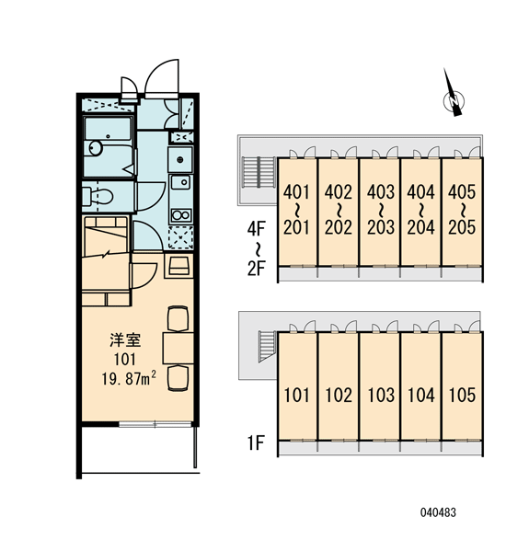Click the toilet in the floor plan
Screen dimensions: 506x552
(98, 197)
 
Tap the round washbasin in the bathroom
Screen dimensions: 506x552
(95, 148)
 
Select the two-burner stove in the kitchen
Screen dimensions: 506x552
(181, 214)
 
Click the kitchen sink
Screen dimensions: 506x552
(180, 182)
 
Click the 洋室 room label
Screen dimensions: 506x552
(125, 340)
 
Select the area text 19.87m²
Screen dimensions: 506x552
(129, 379)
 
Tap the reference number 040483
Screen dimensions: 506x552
(438, 512)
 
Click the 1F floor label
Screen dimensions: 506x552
(256, 443)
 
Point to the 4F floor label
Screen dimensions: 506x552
(256, 229)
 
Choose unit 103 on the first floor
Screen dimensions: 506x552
(381, 395)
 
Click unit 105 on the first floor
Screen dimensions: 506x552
(462, 395)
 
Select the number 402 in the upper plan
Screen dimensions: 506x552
(339, 192)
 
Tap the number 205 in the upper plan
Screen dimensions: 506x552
(462, 227)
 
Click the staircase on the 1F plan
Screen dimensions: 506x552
(268, 347)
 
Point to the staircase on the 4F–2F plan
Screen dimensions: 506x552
(259, 172)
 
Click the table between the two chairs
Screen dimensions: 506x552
(178, 348)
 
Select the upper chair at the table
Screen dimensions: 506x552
(178, 319)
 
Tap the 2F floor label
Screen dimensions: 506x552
(256, 269)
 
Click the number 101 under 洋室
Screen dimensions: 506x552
(125, 359)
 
